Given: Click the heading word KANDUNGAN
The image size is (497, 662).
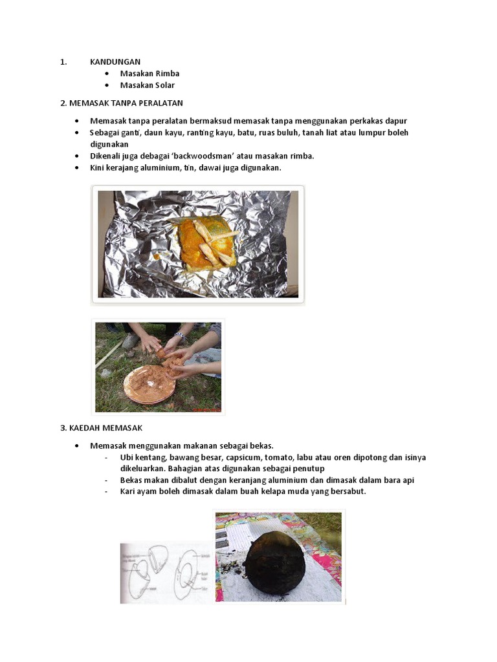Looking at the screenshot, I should point(115,62).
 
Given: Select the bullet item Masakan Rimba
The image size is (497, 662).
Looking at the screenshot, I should point(149,74).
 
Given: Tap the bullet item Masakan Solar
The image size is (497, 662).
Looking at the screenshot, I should point(147,85).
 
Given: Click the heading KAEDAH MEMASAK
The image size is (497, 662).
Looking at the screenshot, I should point(101,428).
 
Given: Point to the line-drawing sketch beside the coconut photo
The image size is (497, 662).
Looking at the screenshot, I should point(166,573).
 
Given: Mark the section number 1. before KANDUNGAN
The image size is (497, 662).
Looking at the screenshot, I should point(63,62).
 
